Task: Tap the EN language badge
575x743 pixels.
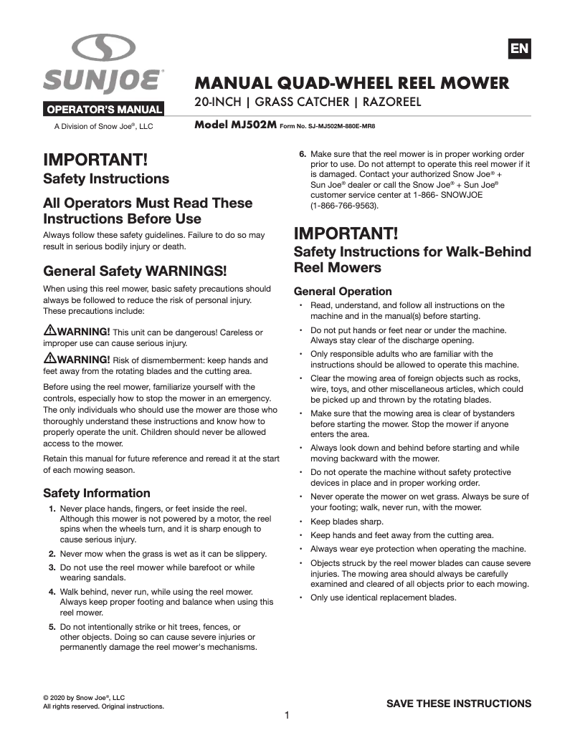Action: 519,49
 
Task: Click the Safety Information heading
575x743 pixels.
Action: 97,493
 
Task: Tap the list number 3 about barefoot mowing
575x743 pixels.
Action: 52,567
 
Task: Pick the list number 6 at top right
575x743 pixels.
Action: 303,154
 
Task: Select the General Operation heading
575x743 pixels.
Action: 343,292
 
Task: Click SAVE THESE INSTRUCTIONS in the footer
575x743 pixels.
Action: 459,704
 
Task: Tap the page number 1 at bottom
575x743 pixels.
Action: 287,715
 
